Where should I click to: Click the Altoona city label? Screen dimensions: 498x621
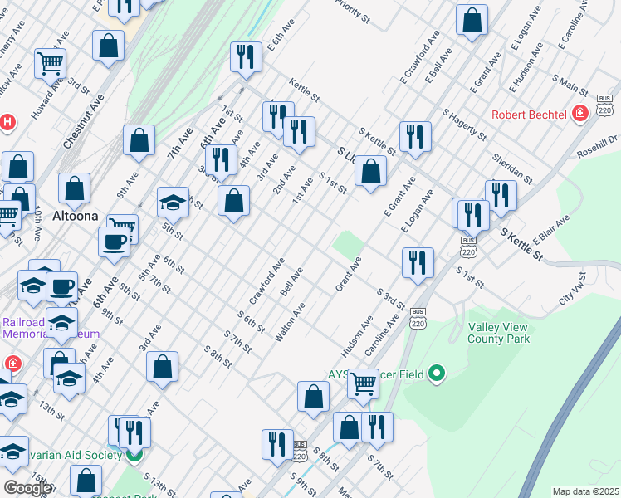[77, 216]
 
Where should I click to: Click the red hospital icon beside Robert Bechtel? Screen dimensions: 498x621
[580, 114]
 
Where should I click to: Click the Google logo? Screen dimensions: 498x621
[27, 488]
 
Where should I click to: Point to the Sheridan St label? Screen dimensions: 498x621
[511, 167]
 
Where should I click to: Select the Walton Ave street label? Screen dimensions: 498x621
[291, 321]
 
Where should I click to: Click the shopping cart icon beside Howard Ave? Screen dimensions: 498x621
[50, 62]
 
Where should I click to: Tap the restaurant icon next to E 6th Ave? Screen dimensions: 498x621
[245, 56]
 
